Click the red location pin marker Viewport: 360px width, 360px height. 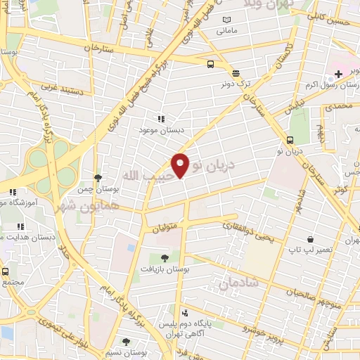pos(181,165)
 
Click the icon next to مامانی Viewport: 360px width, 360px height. pos(226,20)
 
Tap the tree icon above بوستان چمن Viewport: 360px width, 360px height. pos(97,178)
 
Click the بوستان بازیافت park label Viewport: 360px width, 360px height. pos(162,269)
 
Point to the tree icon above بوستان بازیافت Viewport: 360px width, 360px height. pos(164,258)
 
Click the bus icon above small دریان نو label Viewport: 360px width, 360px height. pos(291,139)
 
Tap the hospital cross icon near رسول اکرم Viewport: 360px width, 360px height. pos(338,73)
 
